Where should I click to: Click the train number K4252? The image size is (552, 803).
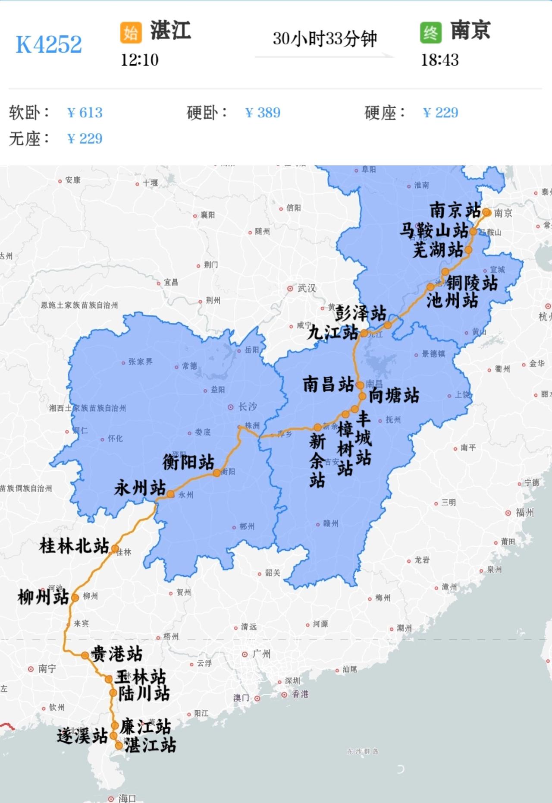[49, 44]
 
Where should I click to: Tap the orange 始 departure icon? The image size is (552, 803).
[131, 33]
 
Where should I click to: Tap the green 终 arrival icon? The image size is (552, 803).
[430, 33]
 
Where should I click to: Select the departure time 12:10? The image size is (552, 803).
[139, 60]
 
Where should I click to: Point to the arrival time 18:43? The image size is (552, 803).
[439, 60]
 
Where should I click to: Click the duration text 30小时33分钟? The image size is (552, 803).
[325, 39]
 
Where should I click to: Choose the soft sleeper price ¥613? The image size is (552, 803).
[85, 113]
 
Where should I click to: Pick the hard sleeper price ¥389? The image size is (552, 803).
[263, 113]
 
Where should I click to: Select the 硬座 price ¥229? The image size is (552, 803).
[440, 113]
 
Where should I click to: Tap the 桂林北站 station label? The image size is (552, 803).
[74, 546]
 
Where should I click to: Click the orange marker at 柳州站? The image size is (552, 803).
[75, 598]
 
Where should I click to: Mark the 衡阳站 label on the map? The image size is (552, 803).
[188, 462]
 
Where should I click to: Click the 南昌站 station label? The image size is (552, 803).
[328, 384]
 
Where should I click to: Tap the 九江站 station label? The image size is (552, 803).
[332, 332]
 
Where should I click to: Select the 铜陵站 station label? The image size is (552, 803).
[472, 283]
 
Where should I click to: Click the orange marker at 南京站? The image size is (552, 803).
[486, 212]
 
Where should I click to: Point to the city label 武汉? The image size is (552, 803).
[307, 288]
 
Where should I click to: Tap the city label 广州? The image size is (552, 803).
[261, 654]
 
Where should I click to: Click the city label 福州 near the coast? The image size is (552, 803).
[524, 513]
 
